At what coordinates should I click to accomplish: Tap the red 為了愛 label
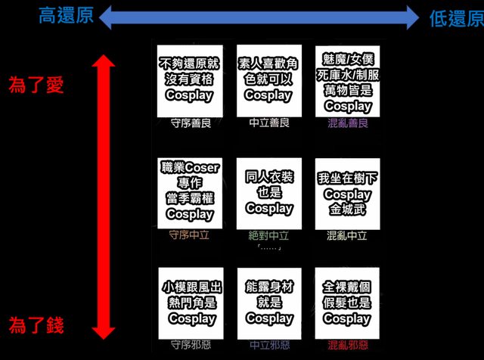point(36,85)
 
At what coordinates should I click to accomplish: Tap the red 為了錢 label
point(36,326)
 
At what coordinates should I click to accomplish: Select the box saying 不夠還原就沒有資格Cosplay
point(189,79)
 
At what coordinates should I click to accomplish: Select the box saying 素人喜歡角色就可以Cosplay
point(268,79)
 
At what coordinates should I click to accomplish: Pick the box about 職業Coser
point(189,193)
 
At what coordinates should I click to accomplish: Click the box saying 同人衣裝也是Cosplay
point(268,193)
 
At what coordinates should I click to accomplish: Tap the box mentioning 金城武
point(347,193)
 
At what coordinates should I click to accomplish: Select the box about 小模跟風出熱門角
point(189,303)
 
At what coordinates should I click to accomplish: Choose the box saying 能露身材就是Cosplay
point(268,303)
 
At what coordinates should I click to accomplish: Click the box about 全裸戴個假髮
point(347,303)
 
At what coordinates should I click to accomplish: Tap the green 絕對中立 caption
point(269,235)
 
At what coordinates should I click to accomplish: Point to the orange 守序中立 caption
point(190,235)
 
